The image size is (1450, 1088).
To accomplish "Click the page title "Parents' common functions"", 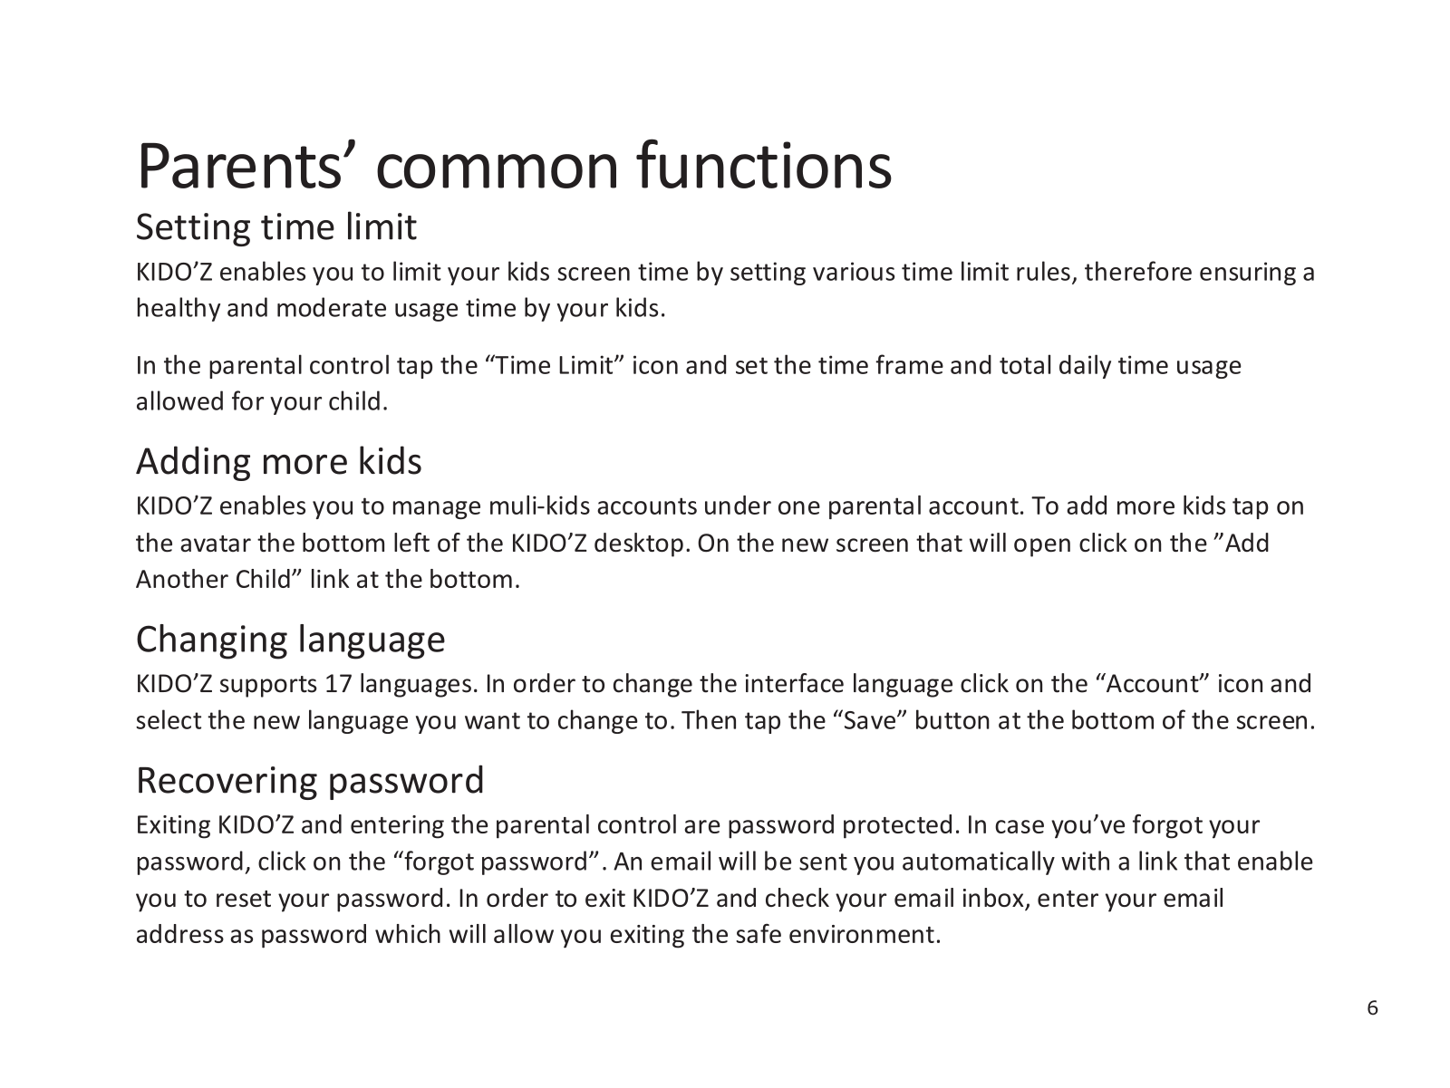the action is pos(514,166).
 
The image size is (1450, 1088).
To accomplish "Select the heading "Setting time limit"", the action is pos(276,227).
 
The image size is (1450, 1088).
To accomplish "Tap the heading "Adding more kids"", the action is pos(279,461).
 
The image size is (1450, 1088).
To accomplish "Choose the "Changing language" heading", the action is pos(291,640).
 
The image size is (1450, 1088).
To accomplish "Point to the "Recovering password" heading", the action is pos(311,780).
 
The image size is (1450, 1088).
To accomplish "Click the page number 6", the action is pos(1372,1007).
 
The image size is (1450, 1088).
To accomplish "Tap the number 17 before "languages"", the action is pos(338,684).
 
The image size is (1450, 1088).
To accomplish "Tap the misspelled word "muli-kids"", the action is pos(539,506).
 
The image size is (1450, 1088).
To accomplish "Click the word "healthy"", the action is pos(178,309).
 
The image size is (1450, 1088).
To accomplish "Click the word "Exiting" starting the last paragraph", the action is pos(174,826).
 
